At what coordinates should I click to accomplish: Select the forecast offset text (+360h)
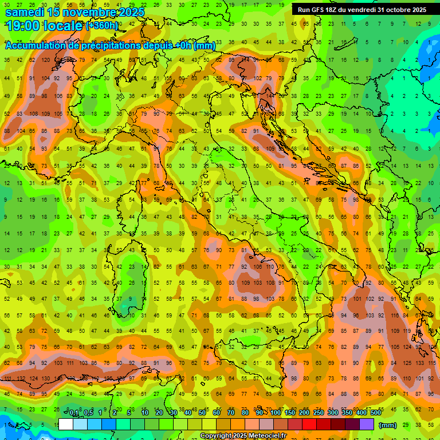(x=103, y=26)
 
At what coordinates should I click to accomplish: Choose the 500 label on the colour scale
(x=375, y=413)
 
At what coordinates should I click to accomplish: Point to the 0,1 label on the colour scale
(x=74, y=413)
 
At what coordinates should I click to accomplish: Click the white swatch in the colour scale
(x=66, y=424)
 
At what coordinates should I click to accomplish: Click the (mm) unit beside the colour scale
(x=388, y=425)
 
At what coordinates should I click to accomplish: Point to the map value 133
(x=420, y=363)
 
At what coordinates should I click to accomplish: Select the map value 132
(x=22, y=379)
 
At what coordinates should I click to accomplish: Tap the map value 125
(x=408, y=363)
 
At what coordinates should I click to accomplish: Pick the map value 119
(x=408, y=331)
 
